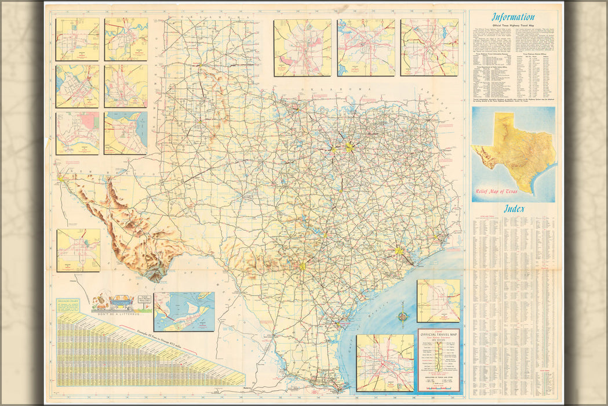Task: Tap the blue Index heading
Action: click(x=515, y=209)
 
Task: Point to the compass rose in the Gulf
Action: click(x=403, y=317)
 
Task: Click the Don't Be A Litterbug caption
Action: click(x=122, y=314)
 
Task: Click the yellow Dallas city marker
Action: click(x=349, y=147)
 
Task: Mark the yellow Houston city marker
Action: click(x=398, y=251)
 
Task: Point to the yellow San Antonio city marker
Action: click(x=302, y=266)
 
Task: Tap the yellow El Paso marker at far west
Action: click(x=60, y=179)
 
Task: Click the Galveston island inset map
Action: click(x=184, y=311)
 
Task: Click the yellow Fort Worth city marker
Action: click(x=333, y=150)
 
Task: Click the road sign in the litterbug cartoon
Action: click(x=145, y=299)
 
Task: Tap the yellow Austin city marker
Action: click(x=324, y=235)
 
